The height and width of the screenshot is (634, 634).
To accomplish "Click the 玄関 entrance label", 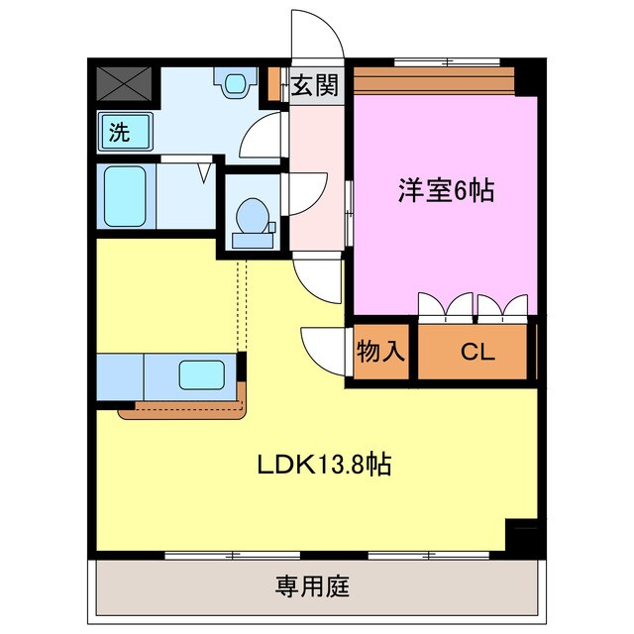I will (x=315, y=85).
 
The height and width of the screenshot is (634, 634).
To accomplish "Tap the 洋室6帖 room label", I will (x=446, y=190).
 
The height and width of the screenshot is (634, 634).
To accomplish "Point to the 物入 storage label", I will (x=380, y=353).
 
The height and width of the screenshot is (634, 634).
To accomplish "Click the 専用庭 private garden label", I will (x=312, y=585).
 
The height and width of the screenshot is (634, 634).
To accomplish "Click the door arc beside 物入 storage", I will (x=323, y=349).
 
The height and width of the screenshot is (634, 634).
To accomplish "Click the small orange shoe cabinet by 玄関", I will (x=274, y=85).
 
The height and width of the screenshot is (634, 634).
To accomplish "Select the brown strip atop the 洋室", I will (x=434, y=77).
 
